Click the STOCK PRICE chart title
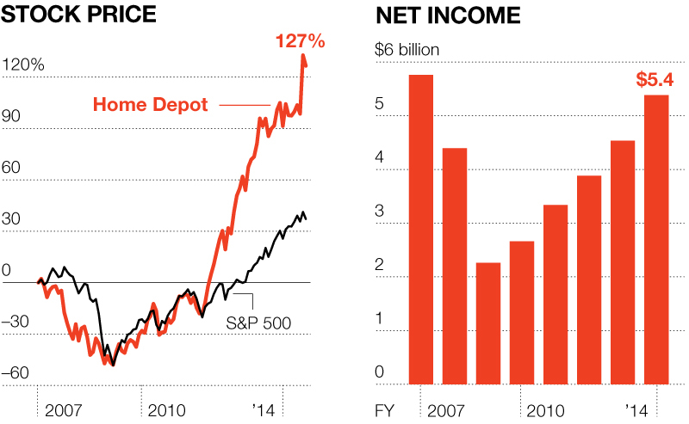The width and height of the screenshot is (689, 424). click(x=77, y=15)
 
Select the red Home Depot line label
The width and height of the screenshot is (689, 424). click(x=150, y=105)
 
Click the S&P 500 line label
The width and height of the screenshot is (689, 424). click(x=258, y=323)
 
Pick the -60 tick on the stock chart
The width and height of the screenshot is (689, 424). click(x=23, y=372)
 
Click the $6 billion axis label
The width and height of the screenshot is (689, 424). click(x=407, y=49)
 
